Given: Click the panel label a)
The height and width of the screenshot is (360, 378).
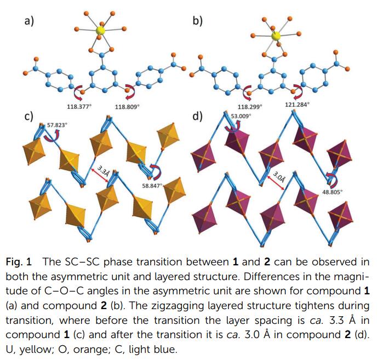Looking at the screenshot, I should point(29,22).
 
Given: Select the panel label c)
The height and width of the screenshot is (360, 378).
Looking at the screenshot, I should point(29,117).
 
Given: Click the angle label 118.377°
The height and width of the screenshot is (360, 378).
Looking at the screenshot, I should point(74,106).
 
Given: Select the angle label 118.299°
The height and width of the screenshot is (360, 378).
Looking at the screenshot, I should point(250,107).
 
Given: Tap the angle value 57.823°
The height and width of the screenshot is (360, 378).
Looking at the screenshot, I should point(58,125).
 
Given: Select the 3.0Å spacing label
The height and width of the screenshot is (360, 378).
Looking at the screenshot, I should point(280,176).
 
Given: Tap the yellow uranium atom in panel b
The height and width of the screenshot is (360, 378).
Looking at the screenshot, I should point(276,36).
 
